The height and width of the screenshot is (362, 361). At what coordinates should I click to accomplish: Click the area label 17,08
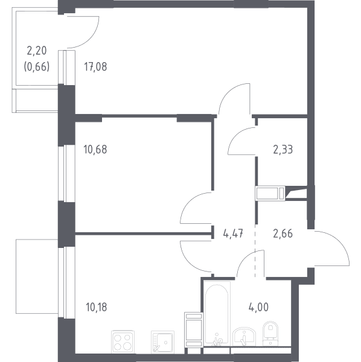tap(95, 67)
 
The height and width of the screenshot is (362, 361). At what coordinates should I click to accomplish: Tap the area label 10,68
tap(95, 150)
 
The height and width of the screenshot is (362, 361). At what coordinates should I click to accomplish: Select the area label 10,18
tap(97, 307)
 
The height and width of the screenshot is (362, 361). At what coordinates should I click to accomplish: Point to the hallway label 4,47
tap(233, 233)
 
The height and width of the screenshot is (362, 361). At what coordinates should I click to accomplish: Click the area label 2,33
tap(283, 150)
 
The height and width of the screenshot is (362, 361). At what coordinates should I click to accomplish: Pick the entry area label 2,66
tap(283, 233)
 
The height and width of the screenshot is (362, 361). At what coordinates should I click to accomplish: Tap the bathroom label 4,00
tap(258, 307)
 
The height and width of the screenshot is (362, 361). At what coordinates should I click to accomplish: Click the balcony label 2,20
tap(37, 51)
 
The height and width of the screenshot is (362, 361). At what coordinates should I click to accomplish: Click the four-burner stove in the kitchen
tap(123, 341)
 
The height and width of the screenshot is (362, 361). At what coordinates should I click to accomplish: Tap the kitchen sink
tap(162, 341)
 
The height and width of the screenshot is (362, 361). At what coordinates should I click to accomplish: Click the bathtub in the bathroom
tap(217, 313)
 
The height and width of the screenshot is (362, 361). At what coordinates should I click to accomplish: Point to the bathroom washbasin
tap(244, 336)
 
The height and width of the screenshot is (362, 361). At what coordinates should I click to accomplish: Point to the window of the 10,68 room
tap(63, 173)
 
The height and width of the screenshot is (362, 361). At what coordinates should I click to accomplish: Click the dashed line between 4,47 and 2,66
tap(255, 250)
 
